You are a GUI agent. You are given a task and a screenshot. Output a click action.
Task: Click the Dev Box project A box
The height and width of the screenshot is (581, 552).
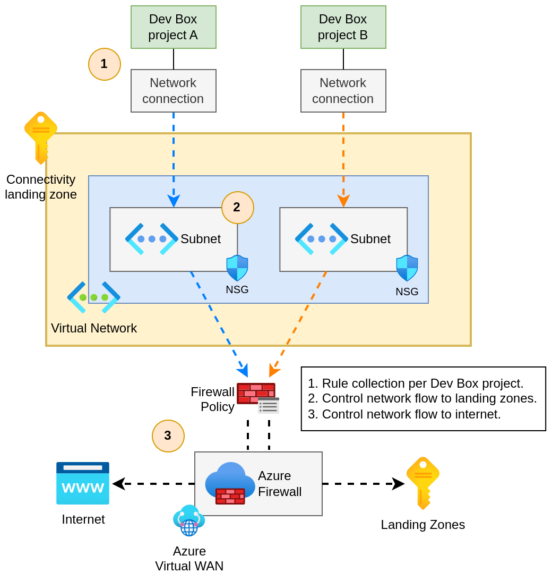pyautogui.click(x=173, y=27)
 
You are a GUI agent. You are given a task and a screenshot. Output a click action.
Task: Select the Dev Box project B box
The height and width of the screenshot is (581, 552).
pyautogui.click(x=343, y=27)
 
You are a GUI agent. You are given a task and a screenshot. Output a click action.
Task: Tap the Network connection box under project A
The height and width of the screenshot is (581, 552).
pyautogui.click(x=173, y=91)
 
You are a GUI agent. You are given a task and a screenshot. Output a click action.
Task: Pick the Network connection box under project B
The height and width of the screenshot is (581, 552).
pyautogui.click(x=343, y=91)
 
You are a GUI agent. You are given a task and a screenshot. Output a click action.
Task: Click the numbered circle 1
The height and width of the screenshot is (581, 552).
pyautogui.click(x=105, y=64)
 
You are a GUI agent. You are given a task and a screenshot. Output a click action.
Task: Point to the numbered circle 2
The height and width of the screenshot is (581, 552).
pyautogui.click(x=237, y=207)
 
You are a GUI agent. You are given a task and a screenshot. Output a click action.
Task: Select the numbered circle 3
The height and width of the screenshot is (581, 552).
pyautogui.click(x=168, y=435)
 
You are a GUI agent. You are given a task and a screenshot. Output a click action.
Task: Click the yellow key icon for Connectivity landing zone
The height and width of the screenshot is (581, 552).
pyautogui.click(x=40, y=137)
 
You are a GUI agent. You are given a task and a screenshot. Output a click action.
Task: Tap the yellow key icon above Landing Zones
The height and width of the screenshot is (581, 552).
pyautogui.click(x=422, y=482)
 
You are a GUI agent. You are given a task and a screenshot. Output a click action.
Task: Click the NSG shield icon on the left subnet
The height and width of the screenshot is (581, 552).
pyautogui.click(x=237, y=268)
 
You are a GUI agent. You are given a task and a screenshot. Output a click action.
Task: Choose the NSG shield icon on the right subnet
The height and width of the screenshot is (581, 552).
pyautogui.click(x=407, y=268)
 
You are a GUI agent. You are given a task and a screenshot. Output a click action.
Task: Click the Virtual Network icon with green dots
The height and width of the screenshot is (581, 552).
pyautogui.click(x=93, y=297)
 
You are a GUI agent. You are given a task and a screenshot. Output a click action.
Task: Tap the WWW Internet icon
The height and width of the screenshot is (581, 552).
pyautogui.click(x=83, y=483)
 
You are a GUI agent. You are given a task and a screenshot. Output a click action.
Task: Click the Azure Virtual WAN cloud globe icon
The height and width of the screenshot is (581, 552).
pyautogui.click(x=188, y=520)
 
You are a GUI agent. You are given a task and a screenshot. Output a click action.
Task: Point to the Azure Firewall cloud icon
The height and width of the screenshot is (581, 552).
pyautogui.click(x=230, y=482)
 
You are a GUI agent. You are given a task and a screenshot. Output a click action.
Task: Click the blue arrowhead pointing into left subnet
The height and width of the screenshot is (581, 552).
pyautogui.click(x=174, y=201)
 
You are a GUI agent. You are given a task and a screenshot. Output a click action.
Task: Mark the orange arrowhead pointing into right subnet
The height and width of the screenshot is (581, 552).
pyautogui.click(x=343, y=201)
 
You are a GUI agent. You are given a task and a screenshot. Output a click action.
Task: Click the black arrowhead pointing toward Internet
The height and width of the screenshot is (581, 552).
pyautogui.click(x=118, y=484)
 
